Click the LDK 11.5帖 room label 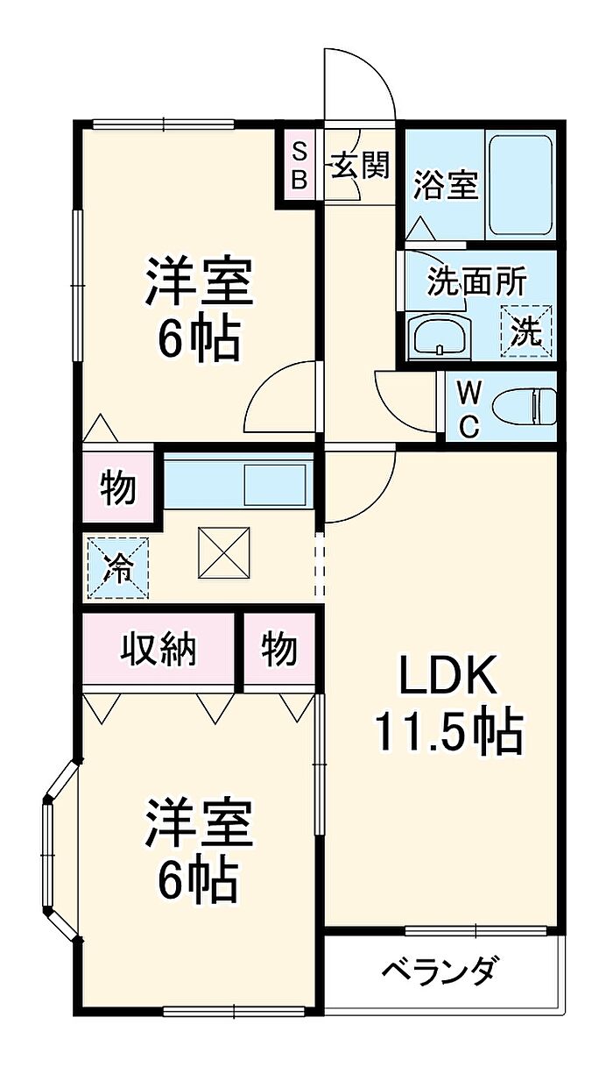pyautogui.click(x=448, y=707)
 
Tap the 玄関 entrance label pyautogui.click(x=360, y=165)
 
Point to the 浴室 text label pyautogui.click(x=445, y=186)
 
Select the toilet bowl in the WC pyautogui.click(x=525, y=407)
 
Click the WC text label pyautogui.click(x=468, y=408)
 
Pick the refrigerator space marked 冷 pyautogui.click(x=117, y=568)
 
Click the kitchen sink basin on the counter pyautogui.click(x=274, y=483)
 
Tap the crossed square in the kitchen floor pyautogui.click(x=225, y=552)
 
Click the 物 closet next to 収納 pyautogui.click(x=278, y=650)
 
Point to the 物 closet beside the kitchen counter pyautogui.click(x=117, y=487)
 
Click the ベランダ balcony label pyautogui.click(x=441, y=972)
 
